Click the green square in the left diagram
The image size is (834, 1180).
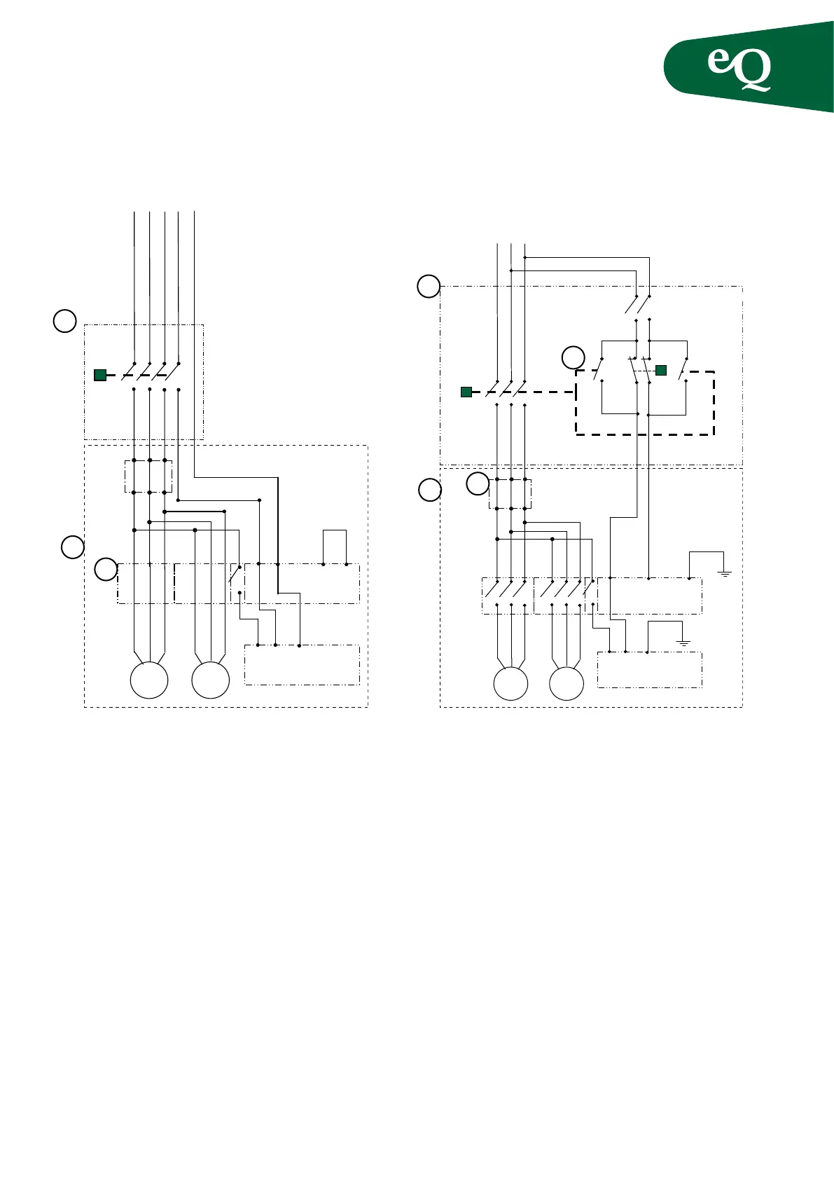[100, 376]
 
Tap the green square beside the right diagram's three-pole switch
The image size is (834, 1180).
[466, 392]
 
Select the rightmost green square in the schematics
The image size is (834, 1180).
[661, 370]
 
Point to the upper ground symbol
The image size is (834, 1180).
[725, 573]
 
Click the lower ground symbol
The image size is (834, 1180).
[684, 642]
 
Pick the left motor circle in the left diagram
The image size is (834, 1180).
[149, 680]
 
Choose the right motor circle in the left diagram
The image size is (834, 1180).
[211, 680]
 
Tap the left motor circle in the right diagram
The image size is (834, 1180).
[510, 684]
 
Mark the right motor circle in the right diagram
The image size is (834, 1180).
[567, 684]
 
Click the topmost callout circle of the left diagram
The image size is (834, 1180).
[65, 321]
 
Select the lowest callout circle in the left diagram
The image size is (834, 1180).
[106, 569]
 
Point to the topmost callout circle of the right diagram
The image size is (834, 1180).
[429, 286]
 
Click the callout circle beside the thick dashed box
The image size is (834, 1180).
[574, 357]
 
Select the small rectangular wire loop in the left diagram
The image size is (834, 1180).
[335, 547]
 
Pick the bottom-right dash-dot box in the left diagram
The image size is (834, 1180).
[302, 664]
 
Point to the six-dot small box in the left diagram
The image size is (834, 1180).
[148, 476]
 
